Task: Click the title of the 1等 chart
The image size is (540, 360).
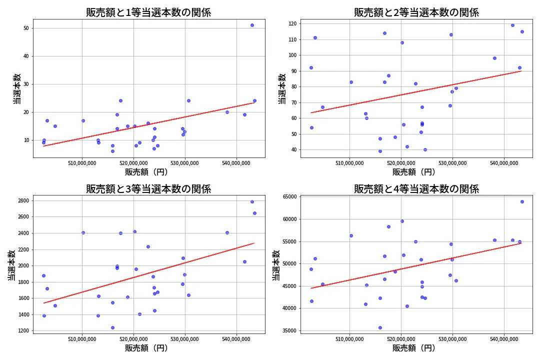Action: point(148,12)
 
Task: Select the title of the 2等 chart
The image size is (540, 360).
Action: point(416,12)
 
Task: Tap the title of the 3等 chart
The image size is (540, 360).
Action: point(148,189)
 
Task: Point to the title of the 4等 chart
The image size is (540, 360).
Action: point(416,189)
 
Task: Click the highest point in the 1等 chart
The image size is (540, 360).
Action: point(252,25)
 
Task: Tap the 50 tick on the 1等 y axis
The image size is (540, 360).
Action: point(26,28)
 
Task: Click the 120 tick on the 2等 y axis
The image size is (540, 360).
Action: point(291,23)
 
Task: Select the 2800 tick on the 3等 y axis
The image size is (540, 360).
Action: point(23,201)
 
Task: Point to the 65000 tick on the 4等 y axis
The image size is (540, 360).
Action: point(289,197)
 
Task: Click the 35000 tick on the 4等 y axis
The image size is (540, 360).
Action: point(289,330)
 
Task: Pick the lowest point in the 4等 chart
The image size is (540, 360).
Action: point(380,327)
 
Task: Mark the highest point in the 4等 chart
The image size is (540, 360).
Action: point(522,201)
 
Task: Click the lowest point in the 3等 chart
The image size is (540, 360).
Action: point(112,327)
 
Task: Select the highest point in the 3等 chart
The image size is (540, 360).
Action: point(252,201)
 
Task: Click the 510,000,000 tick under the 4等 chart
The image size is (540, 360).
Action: point(349,339)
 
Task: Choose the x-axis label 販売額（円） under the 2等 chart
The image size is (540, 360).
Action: point(413,172)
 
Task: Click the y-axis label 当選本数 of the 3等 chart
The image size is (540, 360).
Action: point(11,265)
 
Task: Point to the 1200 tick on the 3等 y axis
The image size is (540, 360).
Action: point(23,330)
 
